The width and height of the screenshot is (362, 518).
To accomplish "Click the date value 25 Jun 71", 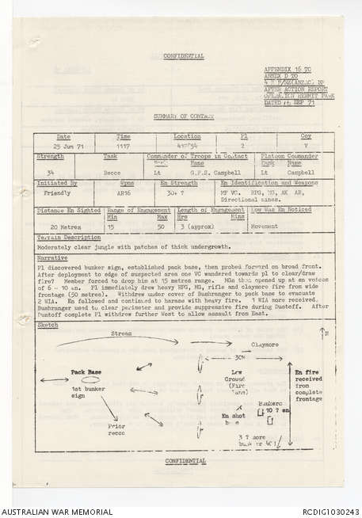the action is tap(63, 146).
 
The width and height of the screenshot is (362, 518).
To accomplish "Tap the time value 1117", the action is tap(125, 147).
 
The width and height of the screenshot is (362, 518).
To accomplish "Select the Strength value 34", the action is tap(51, 171).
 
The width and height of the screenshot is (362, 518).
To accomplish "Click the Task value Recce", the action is tap(110, 171).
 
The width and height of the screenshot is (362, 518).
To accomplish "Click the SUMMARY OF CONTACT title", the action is tap(181, 117).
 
